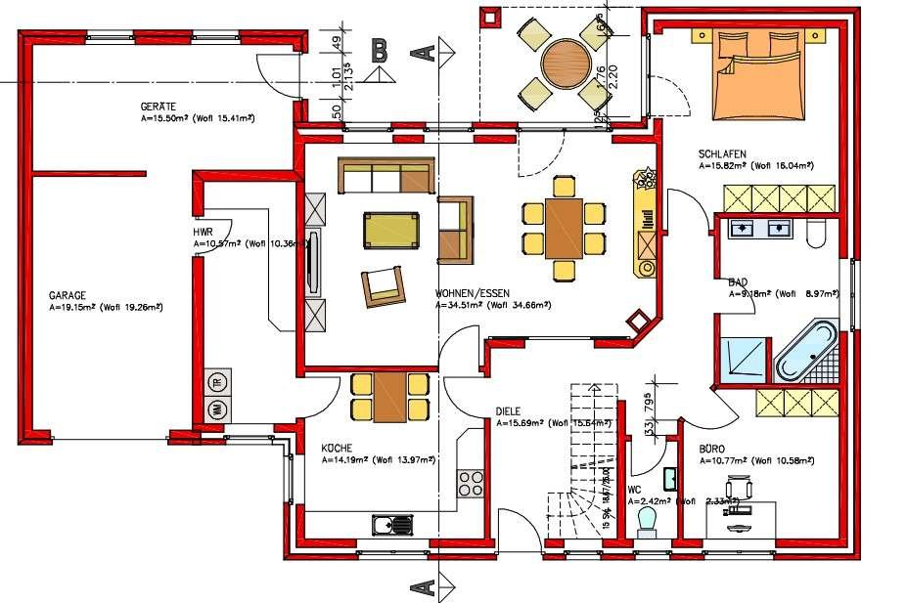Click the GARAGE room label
click(x=68, y=294)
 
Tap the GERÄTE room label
click(x=158, y=106)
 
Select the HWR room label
click(x=204, y=232)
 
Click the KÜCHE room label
click(x=337, y=447)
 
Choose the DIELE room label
click(x=509, y=411)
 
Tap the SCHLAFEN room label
click(x=723, y=154)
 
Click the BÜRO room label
click(x=712, y=450)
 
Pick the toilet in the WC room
click(x=647, y=519)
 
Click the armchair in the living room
click(x=384, y=283)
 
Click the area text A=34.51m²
click(x=460, y=305)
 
